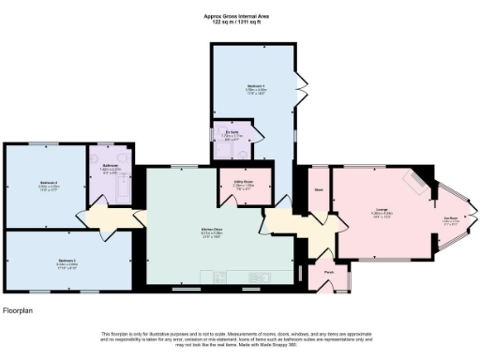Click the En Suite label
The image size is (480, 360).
pyautogui.click(x=232, y=134)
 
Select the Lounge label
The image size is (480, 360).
pyautogui.click(x=382, y=209)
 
